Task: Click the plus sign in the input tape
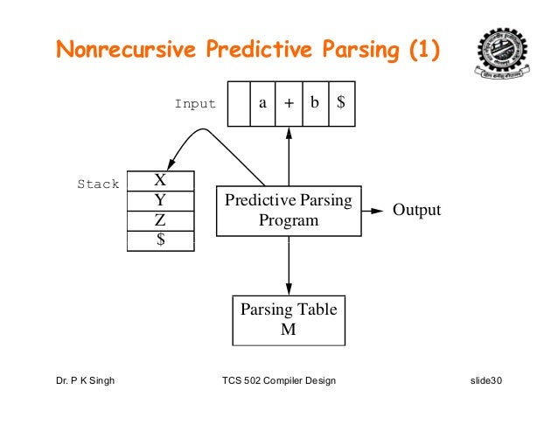click(289, 102)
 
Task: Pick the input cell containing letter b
click(314, 102)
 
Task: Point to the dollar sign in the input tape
click(341, 102)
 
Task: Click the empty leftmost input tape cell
click(237, 102)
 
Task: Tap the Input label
click(195, 104)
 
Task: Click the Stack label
click(98, 185)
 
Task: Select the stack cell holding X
click(160, 181)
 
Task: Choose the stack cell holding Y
click(160, 201)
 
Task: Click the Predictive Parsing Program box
click(289, 211)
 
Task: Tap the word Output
click(416, 211)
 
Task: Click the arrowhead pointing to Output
click(379, 211)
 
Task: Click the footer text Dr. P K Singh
click(85, 382)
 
